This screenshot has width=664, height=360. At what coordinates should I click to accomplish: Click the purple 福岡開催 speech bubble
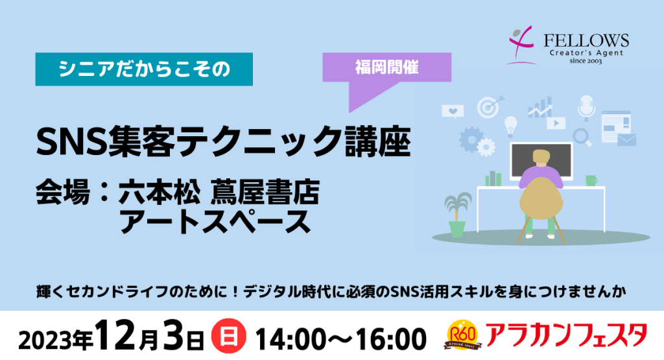[386, 67]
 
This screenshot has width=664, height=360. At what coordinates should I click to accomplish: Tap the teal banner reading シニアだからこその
[144, 69]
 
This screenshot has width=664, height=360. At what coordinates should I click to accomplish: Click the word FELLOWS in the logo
[586, 41]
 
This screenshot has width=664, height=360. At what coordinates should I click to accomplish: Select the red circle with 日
[229, 337]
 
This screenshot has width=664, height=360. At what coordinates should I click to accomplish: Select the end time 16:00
[391, 339]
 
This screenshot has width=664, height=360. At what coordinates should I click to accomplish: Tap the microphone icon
[586, 108]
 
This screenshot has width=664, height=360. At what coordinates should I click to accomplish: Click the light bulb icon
[511, 126]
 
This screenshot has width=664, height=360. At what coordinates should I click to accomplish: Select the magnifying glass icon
[582, 138]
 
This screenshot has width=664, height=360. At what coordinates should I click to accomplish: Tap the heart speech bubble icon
[453, 112]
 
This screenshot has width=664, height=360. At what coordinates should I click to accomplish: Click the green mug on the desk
[591, 180]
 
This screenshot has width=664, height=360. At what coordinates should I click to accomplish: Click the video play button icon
[556, 123]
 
